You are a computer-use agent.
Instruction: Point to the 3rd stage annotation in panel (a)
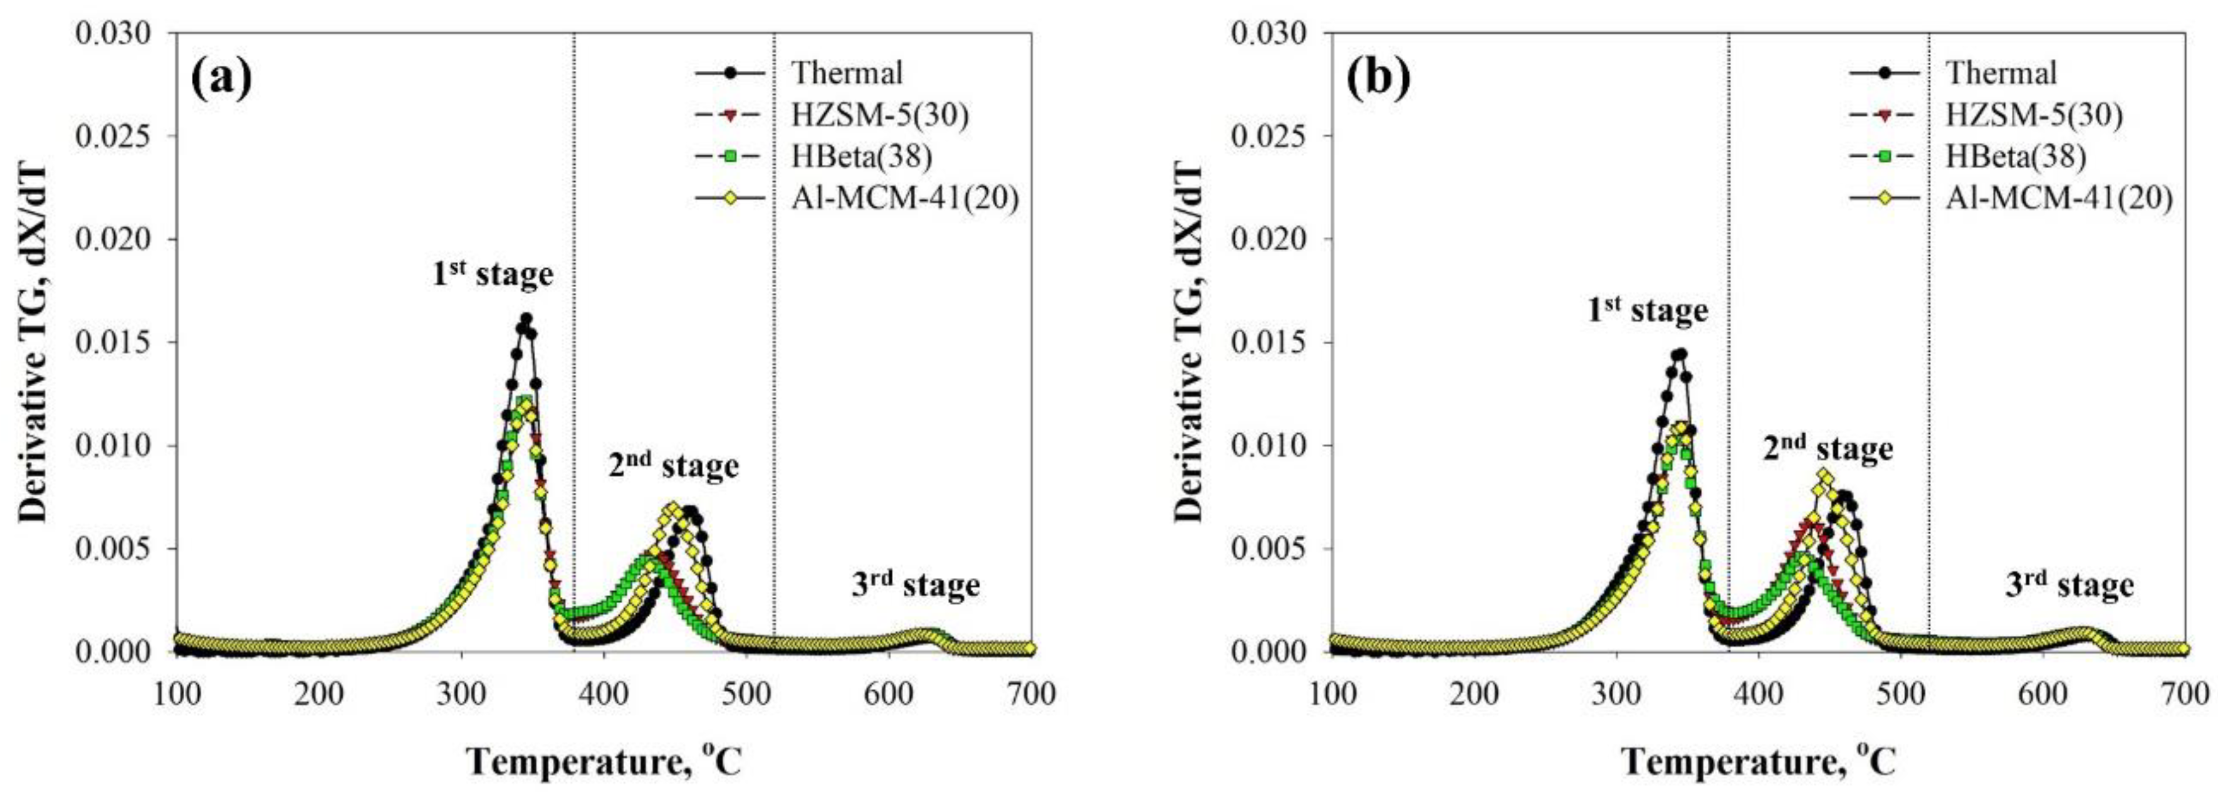coord(915,585)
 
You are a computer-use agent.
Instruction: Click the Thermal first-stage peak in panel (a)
coord(525,318)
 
